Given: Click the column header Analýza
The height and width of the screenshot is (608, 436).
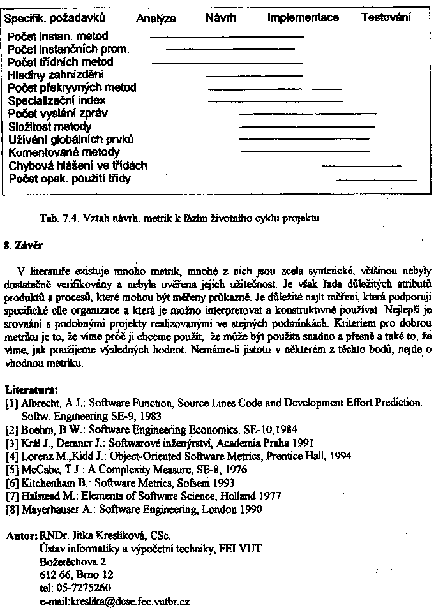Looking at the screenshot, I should pos(156,19).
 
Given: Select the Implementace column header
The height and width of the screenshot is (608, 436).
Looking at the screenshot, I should pos(303,18).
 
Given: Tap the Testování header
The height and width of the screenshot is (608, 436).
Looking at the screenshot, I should pos(386,17).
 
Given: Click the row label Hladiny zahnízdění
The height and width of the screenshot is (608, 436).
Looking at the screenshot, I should pos(56,75).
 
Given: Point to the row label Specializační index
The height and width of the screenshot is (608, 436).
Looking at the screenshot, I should pos(57,100).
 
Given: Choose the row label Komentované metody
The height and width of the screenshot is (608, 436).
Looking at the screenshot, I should pos(64,152).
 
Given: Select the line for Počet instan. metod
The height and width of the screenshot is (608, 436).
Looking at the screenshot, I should pos(226,37).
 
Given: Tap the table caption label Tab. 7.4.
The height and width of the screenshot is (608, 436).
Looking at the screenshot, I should pos(58,218).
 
